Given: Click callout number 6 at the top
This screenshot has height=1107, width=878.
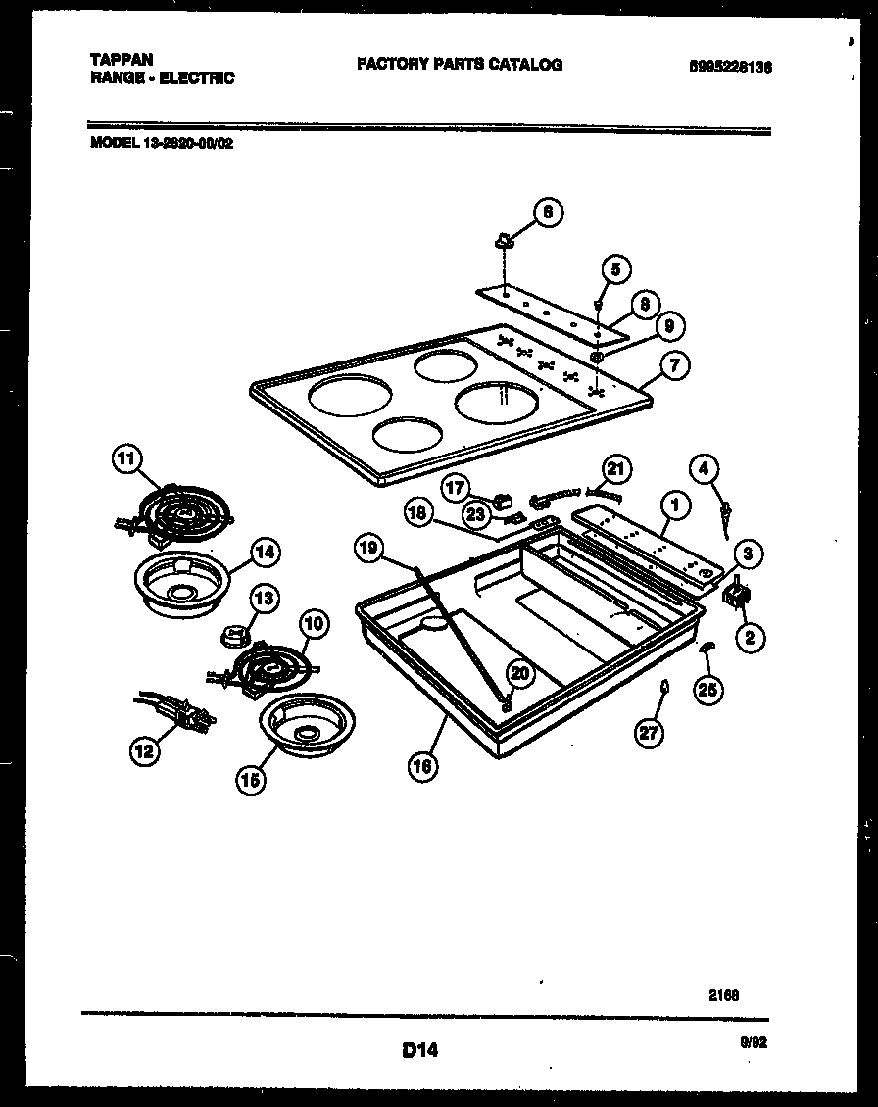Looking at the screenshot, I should [x=548, y=212].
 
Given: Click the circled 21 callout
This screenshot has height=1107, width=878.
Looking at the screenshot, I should [x=615, y=469].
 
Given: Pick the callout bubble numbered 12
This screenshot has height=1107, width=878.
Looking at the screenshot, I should [x=144, y=751].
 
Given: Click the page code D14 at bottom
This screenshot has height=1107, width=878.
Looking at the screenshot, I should [x=419, y=1050].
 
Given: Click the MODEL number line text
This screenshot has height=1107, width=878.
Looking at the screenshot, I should [x=162, y=141].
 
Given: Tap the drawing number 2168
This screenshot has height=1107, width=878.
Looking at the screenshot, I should [x=723, y=993].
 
